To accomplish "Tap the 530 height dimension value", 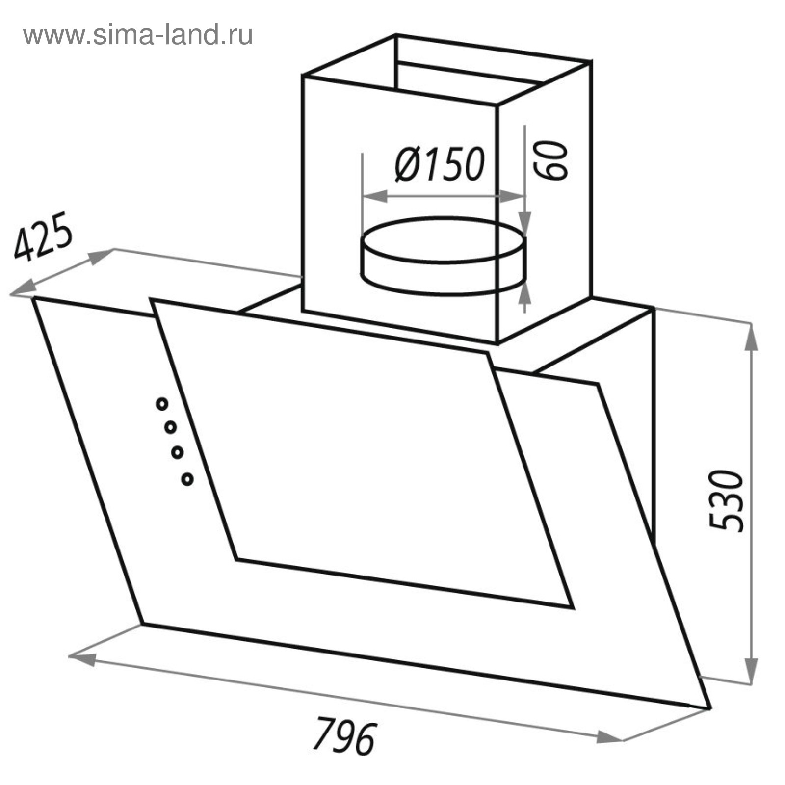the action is (727, 501).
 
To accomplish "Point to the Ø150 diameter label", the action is (440, 164).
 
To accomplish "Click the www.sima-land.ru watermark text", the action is (138, 35).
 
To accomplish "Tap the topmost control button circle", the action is (162, 404).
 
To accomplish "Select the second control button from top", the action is (170, 427).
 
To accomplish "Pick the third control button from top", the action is (178, 452).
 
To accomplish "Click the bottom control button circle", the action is (187, 479).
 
